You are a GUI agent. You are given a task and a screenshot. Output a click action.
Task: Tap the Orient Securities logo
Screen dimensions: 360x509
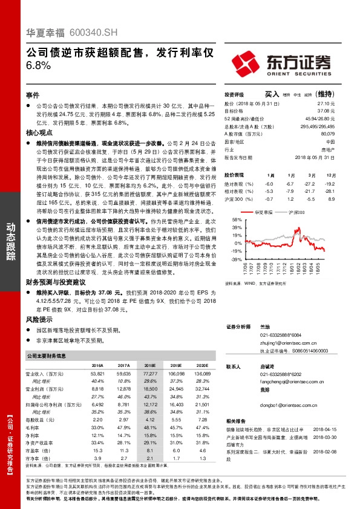(283, 62)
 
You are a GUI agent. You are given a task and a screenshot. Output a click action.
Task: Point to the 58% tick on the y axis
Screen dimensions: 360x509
(235, 220)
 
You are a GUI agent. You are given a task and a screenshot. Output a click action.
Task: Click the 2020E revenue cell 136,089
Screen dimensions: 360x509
(203, 374)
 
